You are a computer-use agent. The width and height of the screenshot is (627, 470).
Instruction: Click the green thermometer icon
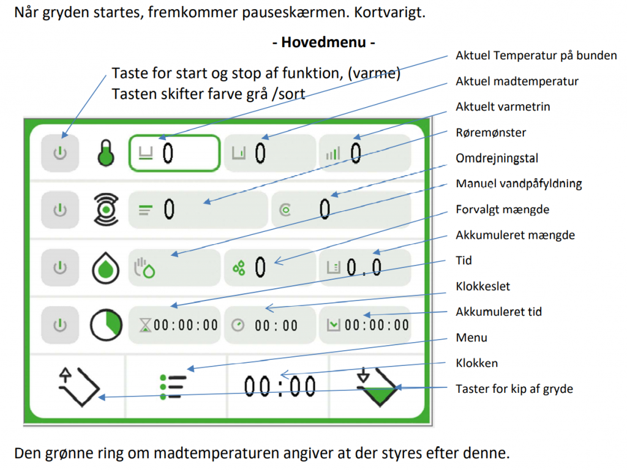coord(106,152)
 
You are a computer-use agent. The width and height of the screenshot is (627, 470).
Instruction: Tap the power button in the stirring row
coord(60,210)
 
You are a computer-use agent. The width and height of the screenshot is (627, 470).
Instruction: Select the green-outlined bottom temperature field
coord(175,153)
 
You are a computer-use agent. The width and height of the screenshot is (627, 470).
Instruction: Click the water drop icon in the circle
coord(105,267)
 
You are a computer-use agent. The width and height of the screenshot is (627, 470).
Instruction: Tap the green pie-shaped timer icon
coord(106,324)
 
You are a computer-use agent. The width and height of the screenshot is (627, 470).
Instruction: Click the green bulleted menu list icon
coord(173,387)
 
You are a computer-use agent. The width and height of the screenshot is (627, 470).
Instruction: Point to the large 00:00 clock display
coord(279,387)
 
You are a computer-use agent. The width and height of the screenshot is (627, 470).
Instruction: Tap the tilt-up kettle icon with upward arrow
coord(79,387)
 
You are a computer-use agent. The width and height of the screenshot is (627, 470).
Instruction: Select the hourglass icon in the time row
coord(146,325)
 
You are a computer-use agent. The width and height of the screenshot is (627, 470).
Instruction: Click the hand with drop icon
coord(144,268)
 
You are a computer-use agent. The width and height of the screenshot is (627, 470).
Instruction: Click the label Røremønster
coord(490,132)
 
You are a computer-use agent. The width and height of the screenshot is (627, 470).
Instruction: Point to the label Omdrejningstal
coord(497,159)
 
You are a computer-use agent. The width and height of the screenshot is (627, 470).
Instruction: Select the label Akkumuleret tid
coord(498,311)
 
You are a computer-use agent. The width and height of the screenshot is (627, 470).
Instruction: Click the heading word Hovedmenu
coord(323,42)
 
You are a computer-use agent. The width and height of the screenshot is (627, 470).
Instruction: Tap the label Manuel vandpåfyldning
coord(519,184)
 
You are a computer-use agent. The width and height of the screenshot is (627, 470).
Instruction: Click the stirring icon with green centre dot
coord(106,209)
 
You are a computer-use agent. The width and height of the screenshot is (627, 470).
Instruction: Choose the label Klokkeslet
coord(482,286)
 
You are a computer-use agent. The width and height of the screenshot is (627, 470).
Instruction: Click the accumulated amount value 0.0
coord(364,267)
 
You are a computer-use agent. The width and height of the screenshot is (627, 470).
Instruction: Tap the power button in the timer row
coord(60,325)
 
